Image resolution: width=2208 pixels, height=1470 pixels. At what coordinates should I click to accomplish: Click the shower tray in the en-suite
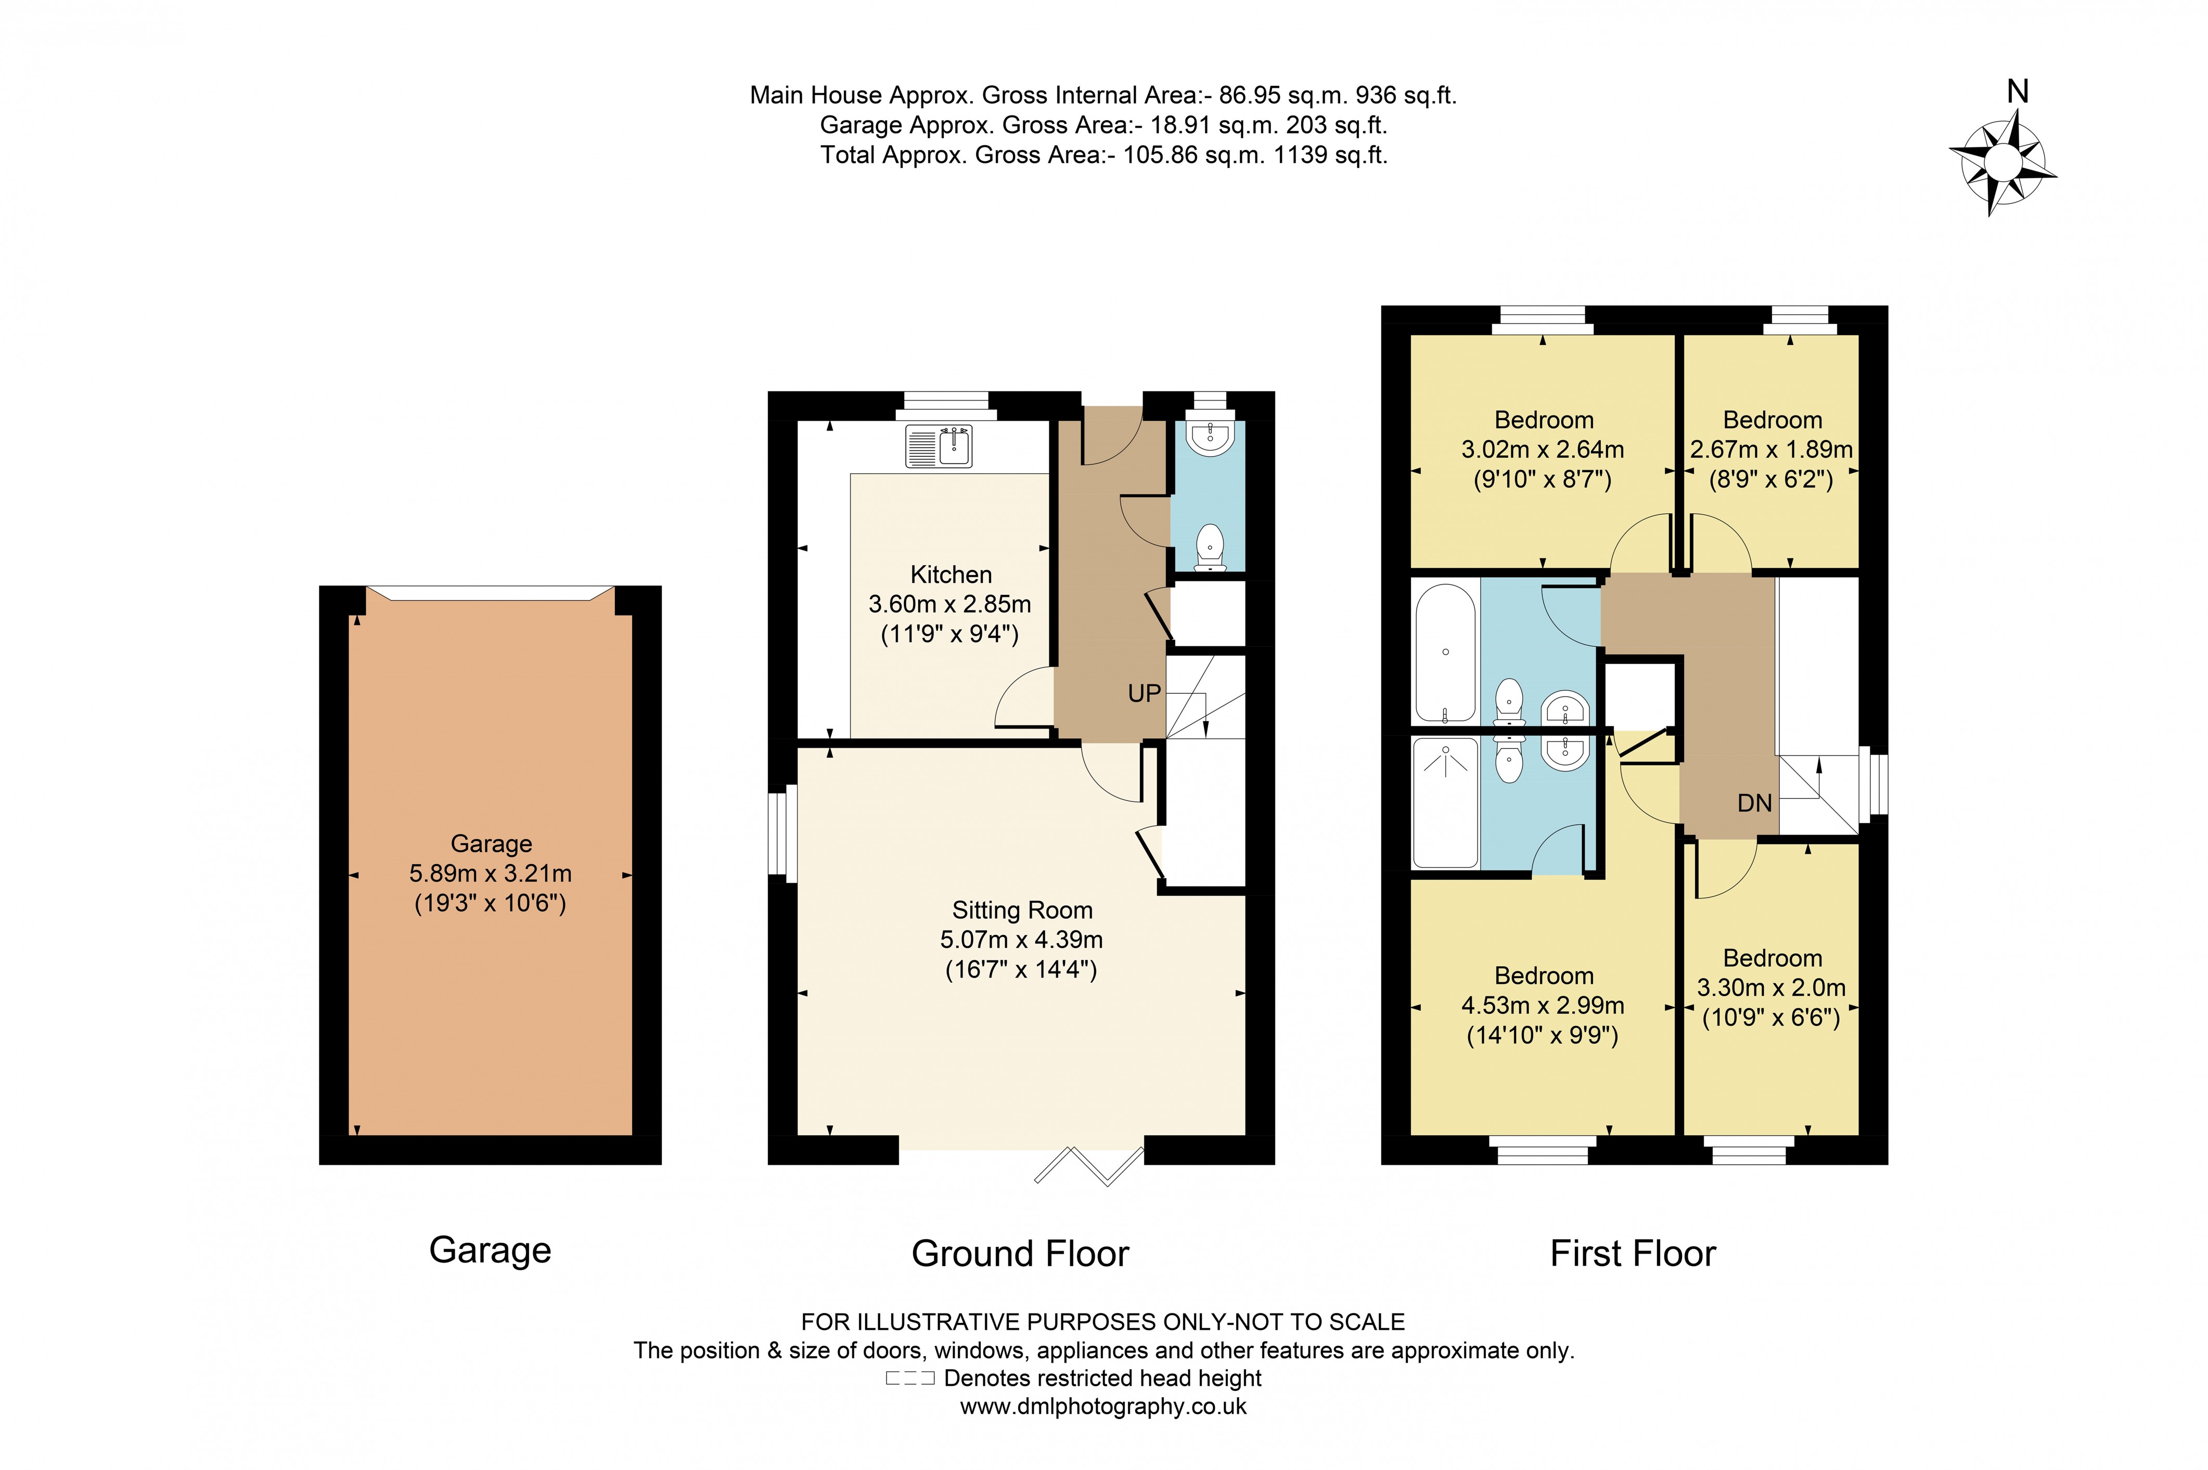(x=1445, y=802)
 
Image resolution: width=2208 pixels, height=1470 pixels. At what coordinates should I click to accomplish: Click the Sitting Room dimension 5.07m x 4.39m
(x=1021, y=940)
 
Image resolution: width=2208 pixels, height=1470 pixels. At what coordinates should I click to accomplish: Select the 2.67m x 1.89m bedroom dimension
(x=1771, y=450)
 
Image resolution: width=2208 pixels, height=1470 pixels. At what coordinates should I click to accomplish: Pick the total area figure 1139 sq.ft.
(x=1329, y=154)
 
